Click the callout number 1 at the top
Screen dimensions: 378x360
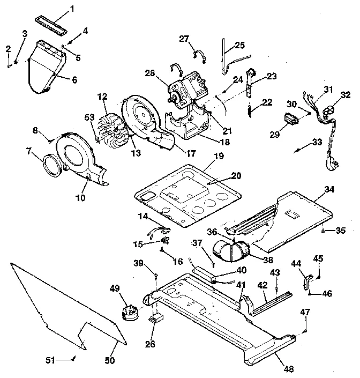coord(73,9)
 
